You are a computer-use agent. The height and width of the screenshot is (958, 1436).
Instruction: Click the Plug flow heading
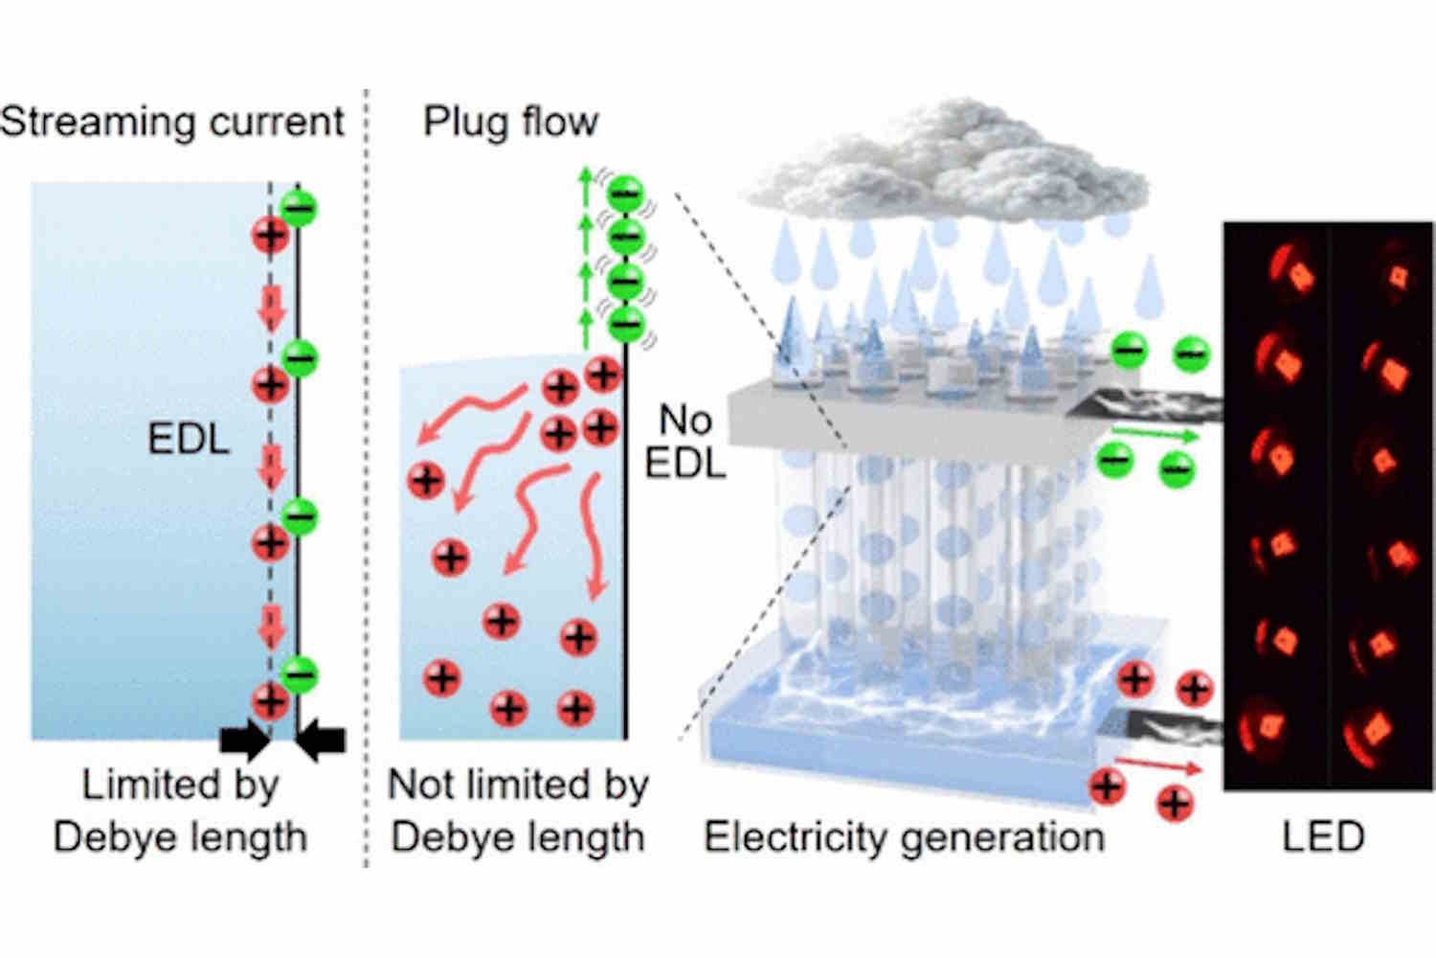510,123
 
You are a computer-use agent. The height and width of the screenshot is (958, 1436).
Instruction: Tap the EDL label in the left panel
188,439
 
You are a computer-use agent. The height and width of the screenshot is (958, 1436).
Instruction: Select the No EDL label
685,442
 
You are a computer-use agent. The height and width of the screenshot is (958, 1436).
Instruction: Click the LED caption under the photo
1323,836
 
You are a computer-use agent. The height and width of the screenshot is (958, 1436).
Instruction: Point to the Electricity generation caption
904,836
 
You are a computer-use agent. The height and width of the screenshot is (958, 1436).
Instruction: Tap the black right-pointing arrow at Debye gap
245,739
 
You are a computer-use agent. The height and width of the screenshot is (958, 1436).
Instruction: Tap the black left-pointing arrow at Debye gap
322,739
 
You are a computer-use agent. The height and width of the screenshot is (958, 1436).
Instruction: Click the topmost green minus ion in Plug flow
626,194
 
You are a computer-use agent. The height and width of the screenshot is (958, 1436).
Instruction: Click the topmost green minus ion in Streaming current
300,209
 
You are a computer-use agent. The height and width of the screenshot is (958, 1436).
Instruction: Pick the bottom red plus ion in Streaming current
270,700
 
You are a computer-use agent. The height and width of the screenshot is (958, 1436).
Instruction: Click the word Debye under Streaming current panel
109,836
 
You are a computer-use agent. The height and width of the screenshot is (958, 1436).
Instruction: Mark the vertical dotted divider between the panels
367,479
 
